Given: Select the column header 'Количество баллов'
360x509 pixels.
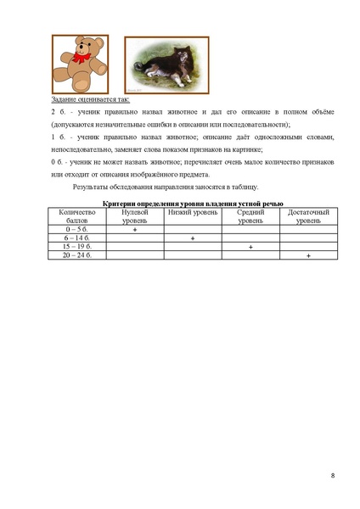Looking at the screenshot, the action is tap(76, 215).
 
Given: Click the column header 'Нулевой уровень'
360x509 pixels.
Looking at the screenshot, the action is tap(134, 215).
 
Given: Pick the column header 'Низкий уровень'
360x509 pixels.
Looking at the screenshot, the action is tap(192, 211).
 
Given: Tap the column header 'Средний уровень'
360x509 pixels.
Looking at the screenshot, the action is tap(250, 215).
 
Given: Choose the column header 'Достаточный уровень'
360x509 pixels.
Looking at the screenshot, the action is tap(308, 215).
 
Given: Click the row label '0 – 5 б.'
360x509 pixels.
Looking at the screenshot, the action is tap(76, 230).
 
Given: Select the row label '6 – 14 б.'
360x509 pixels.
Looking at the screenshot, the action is tap(76, 238).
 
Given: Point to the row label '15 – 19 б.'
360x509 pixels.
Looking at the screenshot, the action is tap(76, 247).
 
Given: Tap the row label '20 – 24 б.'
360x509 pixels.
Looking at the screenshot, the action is tap(76, 255).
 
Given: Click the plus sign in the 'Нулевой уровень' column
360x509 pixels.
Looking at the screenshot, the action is tap(135, 230).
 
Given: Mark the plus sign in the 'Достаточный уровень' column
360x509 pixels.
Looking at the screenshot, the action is tap(308, 255).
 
